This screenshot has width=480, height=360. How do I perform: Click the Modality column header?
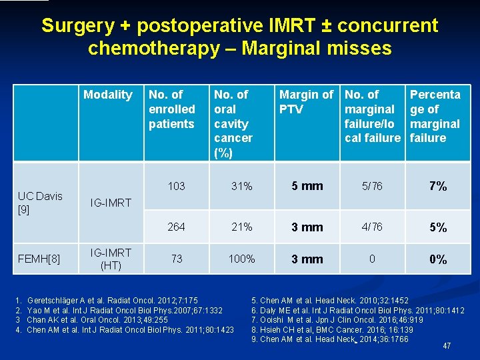point(107,95)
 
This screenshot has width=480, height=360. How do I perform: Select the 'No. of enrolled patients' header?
point(172,109)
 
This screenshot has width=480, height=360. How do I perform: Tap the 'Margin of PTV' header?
point(306,101)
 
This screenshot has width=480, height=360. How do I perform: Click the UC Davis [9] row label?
point(40,202)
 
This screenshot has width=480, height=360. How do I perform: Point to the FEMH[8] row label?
point(39,259)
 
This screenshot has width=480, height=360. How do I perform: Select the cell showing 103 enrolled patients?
point(176,186)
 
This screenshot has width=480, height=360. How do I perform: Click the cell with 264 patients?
point(176,227)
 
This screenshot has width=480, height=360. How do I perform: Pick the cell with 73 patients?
point(176,259)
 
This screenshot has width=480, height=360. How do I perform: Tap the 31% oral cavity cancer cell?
point(241,187)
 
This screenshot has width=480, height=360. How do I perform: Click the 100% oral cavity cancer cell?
point(241,259)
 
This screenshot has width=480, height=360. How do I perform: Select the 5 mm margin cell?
point(307,186)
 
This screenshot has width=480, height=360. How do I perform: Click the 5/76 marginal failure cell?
point(371,186)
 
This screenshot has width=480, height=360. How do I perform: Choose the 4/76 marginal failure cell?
point(371,227)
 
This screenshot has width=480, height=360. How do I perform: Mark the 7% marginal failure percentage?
point(437,186)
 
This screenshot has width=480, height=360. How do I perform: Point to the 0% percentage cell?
point(437,259)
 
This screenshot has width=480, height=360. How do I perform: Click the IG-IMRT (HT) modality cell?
point(111,259)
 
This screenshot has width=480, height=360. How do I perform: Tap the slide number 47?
point(446,345)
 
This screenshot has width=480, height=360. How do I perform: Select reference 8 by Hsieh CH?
point(332,329)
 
